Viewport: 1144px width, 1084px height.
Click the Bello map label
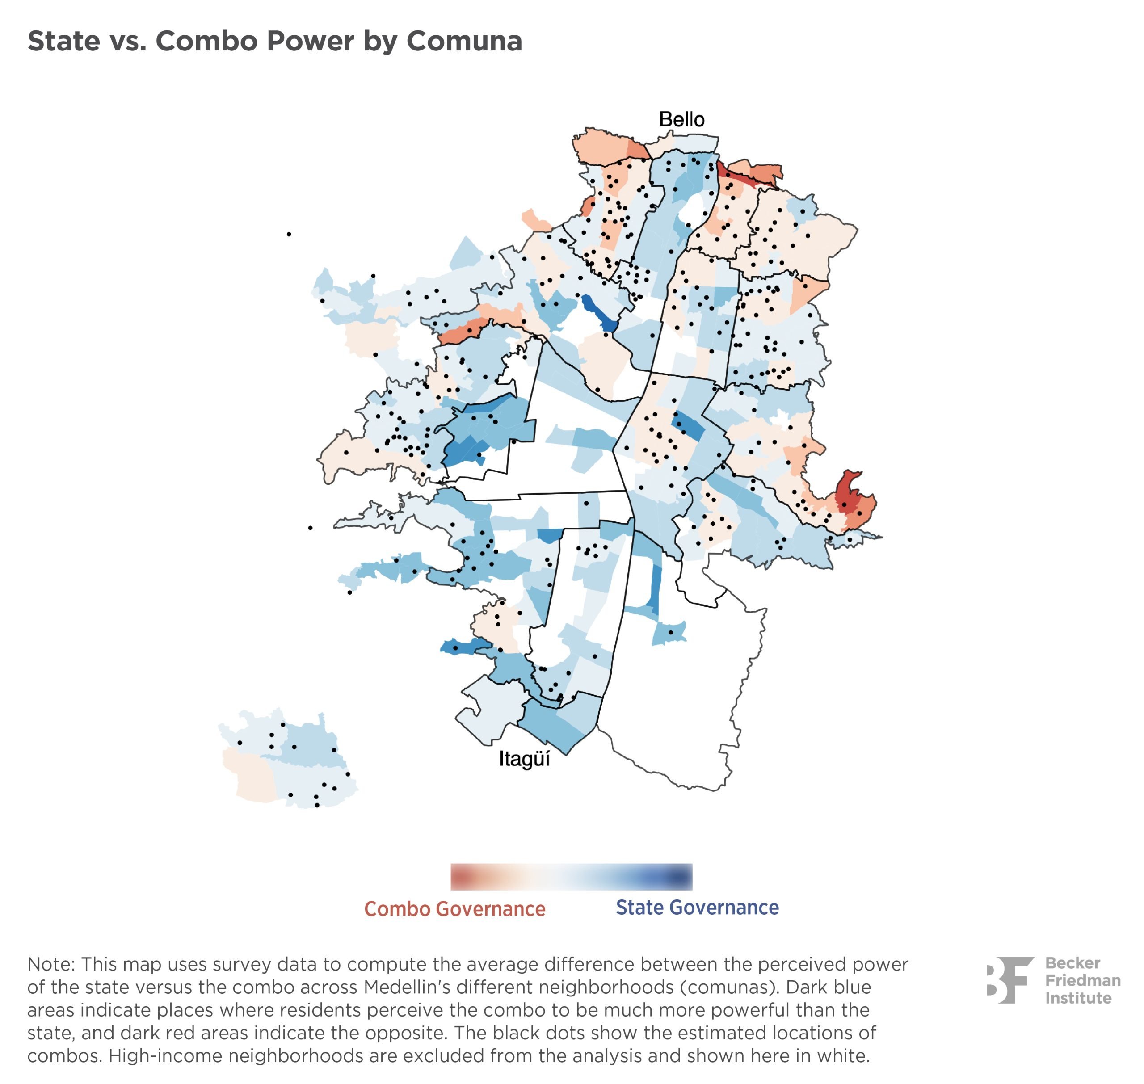tap(682, 120)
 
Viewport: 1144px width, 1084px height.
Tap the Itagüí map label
tap(524, 759)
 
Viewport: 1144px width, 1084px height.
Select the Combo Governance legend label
tap(455, 909)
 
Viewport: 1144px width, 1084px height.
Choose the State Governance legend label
tap(697, 908)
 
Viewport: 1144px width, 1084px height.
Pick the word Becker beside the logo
tap(1073, 963)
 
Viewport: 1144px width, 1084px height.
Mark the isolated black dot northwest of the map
tap(289, 234)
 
